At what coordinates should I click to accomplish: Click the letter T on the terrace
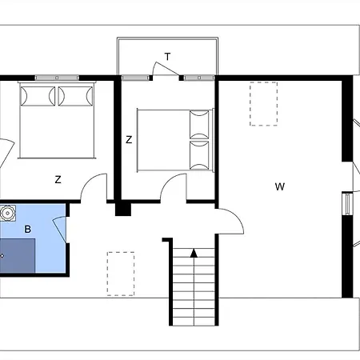point(167,57)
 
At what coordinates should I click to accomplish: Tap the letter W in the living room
point(280,186)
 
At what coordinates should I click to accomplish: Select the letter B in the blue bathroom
point(28,229)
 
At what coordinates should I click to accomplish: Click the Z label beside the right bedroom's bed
point(129,140)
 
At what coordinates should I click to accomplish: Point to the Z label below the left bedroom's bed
point(58,179)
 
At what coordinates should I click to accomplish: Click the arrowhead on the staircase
point(194,253)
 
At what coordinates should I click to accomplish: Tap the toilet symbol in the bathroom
point(7,213)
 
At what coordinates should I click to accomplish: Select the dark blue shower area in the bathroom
point(18,256)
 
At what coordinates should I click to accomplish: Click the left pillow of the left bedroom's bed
point(38,96)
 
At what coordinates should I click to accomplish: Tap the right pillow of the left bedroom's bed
point(75,96)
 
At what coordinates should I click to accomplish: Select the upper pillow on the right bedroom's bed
point(199,124)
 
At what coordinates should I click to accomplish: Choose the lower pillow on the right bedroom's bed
point(199,155)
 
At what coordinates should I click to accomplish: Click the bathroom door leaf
point(59,230)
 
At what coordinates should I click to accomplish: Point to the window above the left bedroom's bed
point(57,78)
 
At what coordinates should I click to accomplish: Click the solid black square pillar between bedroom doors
point(123,209)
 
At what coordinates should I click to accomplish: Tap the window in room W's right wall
point(347,204)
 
